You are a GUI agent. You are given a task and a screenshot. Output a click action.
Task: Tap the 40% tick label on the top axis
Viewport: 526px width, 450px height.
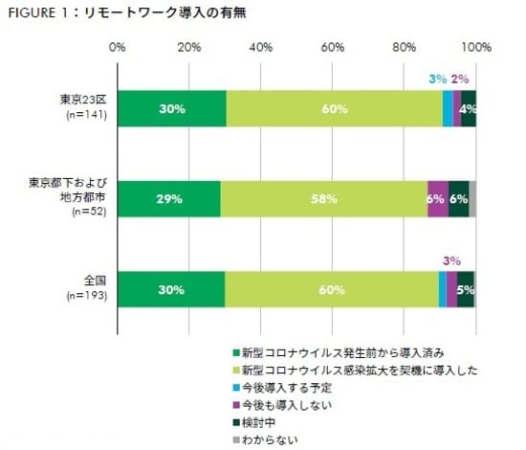pyautogui.click(x=261, y=46)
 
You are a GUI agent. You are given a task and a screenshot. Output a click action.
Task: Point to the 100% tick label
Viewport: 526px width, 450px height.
pyautogui.click(x=475, y=46)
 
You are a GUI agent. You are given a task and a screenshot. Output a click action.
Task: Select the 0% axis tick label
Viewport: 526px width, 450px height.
pyautogui.click(x=118, y=46)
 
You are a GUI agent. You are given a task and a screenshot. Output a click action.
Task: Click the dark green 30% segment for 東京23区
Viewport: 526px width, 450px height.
pyautogui.click(x=172, y=108)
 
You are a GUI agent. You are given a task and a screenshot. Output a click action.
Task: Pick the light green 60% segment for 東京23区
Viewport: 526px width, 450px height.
pyautogui.click(x=334, y=108)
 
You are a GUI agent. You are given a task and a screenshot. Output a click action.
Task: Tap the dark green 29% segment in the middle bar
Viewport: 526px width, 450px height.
pyautogui.click(x=169, y=198)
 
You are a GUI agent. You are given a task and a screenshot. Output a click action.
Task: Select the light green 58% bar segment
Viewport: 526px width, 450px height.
pyautogui.click(x=323, y=198)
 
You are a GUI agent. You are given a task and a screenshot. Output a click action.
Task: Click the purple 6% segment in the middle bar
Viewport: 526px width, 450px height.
pyautogui.click(x=437, y=198)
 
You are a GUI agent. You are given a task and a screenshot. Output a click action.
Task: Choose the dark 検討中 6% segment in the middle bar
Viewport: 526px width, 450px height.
pyautogui.click(x=458, y=198)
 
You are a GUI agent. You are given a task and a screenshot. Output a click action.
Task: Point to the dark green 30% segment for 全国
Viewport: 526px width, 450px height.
pyautogui.click(x=171, y=288)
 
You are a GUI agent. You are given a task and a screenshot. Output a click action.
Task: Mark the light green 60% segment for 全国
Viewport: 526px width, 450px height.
pyautogui.click(x=332, y=288)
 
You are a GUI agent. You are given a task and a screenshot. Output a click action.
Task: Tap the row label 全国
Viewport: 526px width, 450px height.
pyautogui.click(x=96, y=280)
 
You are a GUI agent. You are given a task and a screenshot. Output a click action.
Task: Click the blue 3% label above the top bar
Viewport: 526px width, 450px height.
pyautogui.click(x=437, y=79)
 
